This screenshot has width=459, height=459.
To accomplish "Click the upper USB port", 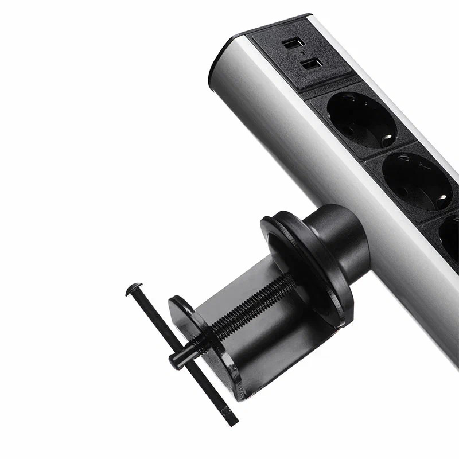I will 290,44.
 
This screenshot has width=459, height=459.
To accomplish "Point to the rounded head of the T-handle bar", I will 134,288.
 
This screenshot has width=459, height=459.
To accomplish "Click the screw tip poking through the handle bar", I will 175,359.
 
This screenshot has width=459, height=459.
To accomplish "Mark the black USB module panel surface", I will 275,63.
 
